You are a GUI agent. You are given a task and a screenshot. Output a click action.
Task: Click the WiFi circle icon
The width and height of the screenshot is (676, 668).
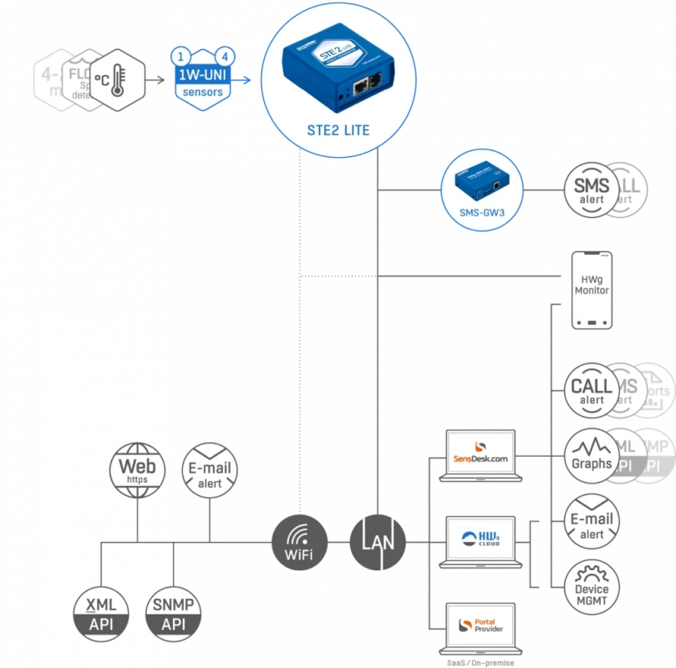pyautogui.click(x=298, y=543)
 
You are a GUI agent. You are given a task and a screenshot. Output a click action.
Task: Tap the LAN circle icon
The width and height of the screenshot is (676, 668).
pyautogui.click(x=378, y=543)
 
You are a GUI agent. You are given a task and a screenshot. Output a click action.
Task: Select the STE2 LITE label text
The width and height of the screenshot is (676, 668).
pyautogui.click(x=333, y=131)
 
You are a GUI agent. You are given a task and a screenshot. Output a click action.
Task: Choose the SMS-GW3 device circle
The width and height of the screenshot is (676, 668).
pyautogui.click(x=481, y=190)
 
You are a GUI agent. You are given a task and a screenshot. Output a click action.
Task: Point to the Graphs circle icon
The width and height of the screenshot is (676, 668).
pyautogui.click(x=592, y=458)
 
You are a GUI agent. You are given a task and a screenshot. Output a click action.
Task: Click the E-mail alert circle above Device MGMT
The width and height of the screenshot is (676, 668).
pyautogui.click(x=592, y=524)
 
